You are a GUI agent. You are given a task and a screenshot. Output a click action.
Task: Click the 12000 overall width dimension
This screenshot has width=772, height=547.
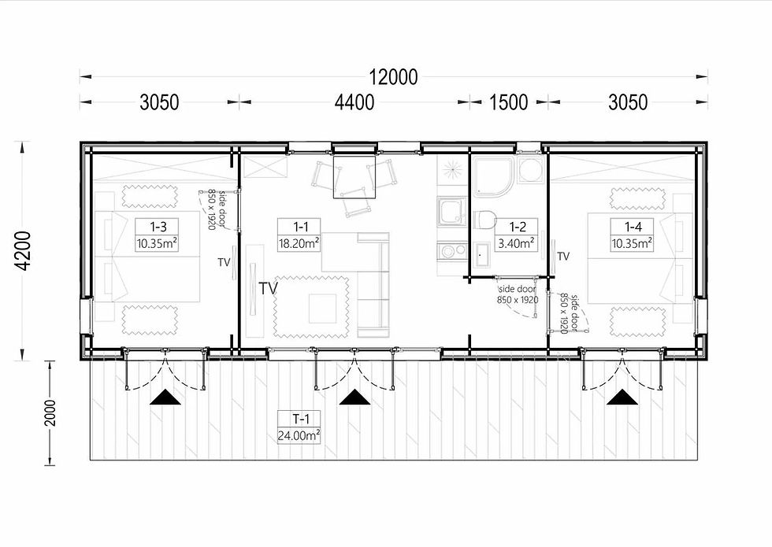(x=393, y=77)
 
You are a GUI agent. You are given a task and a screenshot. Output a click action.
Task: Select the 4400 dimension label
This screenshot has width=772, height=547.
(x=354, y=102)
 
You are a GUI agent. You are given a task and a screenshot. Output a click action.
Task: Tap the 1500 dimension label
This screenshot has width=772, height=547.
(x=509, y=102)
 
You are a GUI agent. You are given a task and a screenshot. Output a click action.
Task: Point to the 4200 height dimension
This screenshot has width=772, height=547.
(x=23, y=251)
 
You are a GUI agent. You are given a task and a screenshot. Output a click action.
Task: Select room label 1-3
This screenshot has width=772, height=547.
(x=158, y=227)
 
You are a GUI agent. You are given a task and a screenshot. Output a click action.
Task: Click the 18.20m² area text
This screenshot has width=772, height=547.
(x=299, y=243)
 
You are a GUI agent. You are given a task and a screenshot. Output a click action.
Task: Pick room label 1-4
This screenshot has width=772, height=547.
(x=633, y=227)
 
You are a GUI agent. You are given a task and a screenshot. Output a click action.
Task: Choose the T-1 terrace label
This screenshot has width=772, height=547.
(x=301, y=419)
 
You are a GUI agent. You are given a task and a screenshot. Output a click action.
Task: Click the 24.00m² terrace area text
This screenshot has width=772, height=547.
(x=299, y=436)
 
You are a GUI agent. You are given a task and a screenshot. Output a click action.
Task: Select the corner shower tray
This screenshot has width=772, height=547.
(x=493, y=176)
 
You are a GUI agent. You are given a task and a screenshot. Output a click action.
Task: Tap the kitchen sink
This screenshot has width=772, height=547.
(x=451, y=212)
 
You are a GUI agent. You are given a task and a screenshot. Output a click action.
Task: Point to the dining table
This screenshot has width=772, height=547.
(x=354, y=177)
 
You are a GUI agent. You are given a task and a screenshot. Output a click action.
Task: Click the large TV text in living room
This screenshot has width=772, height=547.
(x=269, y=288)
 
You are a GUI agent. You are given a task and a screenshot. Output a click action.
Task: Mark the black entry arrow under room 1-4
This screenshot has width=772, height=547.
(x=622, y=397)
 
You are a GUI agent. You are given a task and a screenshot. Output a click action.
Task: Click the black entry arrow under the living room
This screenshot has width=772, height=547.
(x=354, y=397)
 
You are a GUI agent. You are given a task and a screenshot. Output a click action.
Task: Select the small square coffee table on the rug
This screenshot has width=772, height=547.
(x=323, y=309)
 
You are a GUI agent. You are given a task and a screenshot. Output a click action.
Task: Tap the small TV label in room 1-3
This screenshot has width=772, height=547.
(x=224, y=263)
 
